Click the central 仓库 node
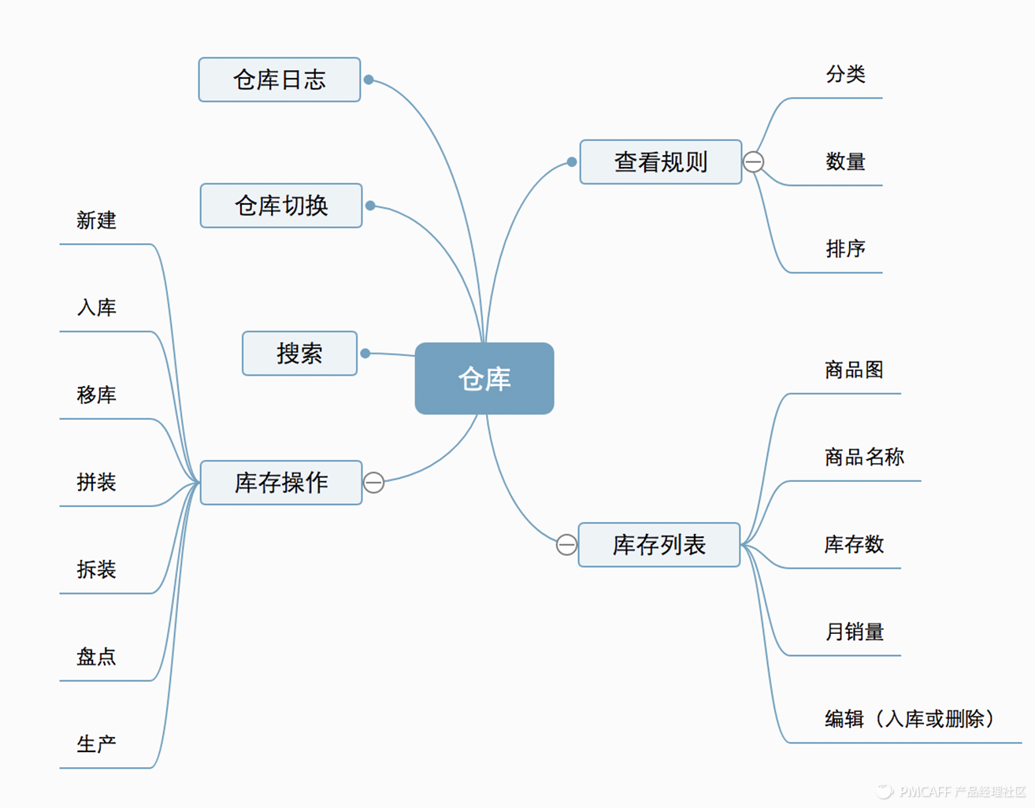click(484, 379)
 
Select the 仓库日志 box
click(280, 80)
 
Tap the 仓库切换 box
click(281, 206)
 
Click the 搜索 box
click(299, 354)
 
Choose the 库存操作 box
click(281, 483)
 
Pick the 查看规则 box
click(660, 162)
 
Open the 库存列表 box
click(658, 545)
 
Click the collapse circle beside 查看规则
click(754, 162)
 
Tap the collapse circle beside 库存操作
click(374, 482)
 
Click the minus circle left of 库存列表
click(566, 545)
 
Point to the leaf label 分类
click(845, 75)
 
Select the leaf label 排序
click(845, 249)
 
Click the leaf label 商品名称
click(864, 457)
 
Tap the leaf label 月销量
click(854, 632)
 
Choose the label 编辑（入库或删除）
click(910, 719)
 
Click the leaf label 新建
click(96, 221)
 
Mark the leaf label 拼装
click(96, 482)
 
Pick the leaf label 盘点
click(96, 657)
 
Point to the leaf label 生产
click(96, 744)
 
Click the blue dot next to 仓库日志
click(369, 80)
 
